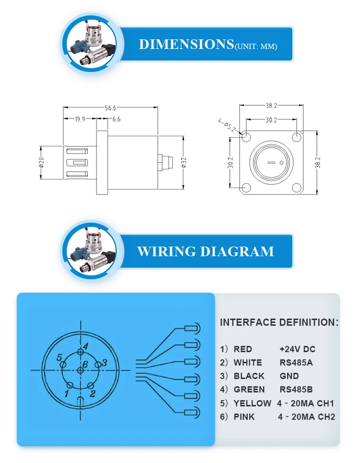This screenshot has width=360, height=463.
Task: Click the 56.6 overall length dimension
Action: point(111,108)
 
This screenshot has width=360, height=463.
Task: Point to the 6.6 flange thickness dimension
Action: point(116,119)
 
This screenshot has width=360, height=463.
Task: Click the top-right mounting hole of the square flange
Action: point(298,137)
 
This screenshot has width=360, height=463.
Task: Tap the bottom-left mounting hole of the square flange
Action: point(246,188)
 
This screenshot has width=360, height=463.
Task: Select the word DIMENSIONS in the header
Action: point(186,44)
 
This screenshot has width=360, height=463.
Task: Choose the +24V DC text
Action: point(298,349)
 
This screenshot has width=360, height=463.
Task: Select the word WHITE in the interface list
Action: point(248,362)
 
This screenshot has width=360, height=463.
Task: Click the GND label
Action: point(289,376)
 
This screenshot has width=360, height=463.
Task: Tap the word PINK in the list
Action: point(244,417)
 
